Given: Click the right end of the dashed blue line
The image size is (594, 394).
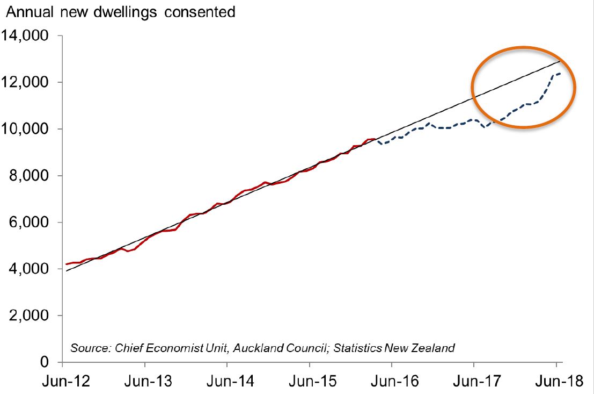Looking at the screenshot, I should click(x=561, y=73).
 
